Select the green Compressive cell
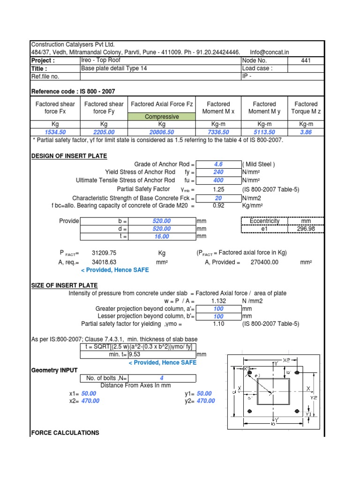point(162,117)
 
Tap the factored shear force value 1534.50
point(56,132)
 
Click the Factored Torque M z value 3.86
point(306,132)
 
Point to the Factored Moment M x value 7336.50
point(218,132)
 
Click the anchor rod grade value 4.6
point(218,164)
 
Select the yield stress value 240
point(218,172)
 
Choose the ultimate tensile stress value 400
point(218,180)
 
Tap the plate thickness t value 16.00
point(162,237)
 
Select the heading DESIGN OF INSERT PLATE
point(69,156)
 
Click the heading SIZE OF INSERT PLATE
point(64,285)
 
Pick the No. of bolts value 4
point(162,378)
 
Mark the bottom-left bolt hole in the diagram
point(250,411)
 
